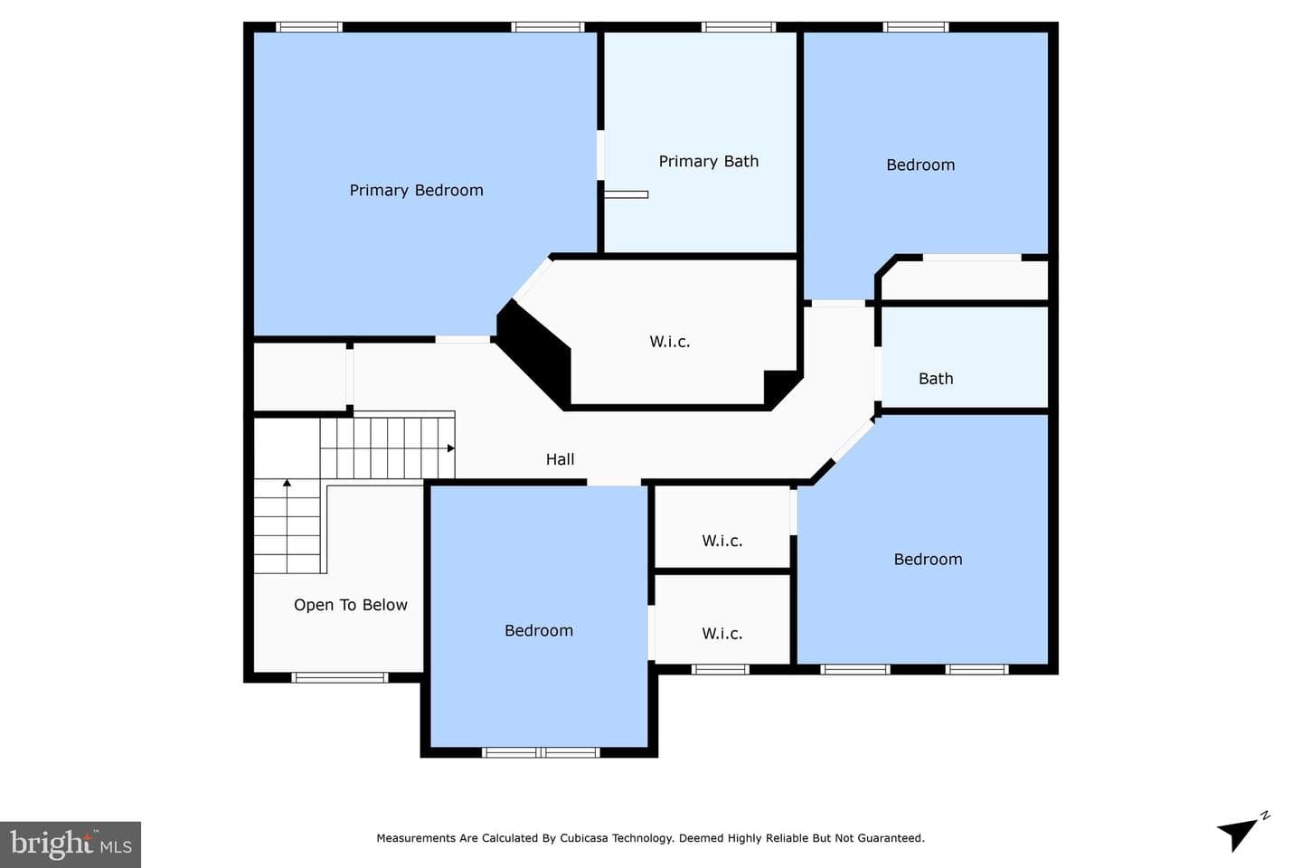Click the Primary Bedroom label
click(416, 191)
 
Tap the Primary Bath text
click(709, 162)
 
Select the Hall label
click(560, 459)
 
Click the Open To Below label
click(351, 605)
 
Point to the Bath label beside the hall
click(936, 379)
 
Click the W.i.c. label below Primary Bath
click(670, 341)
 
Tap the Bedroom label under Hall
click(539, 631)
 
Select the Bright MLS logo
click(71, 844)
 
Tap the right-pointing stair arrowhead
click(450, 448)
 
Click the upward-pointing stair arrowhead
click(287, 483)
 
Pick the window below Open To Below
click(339, 677)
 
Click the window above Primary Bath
click(738, 27)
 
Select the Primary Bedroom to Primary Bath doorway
click(600, 156)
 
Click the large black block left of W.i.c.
click(533, 353)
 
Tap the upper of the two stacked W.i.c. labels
click(722, 541)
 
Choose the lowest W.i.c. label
click(722, 633)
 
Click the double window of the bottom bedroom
click(541, 753)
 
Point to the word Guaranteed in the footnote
click(894, 838)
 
